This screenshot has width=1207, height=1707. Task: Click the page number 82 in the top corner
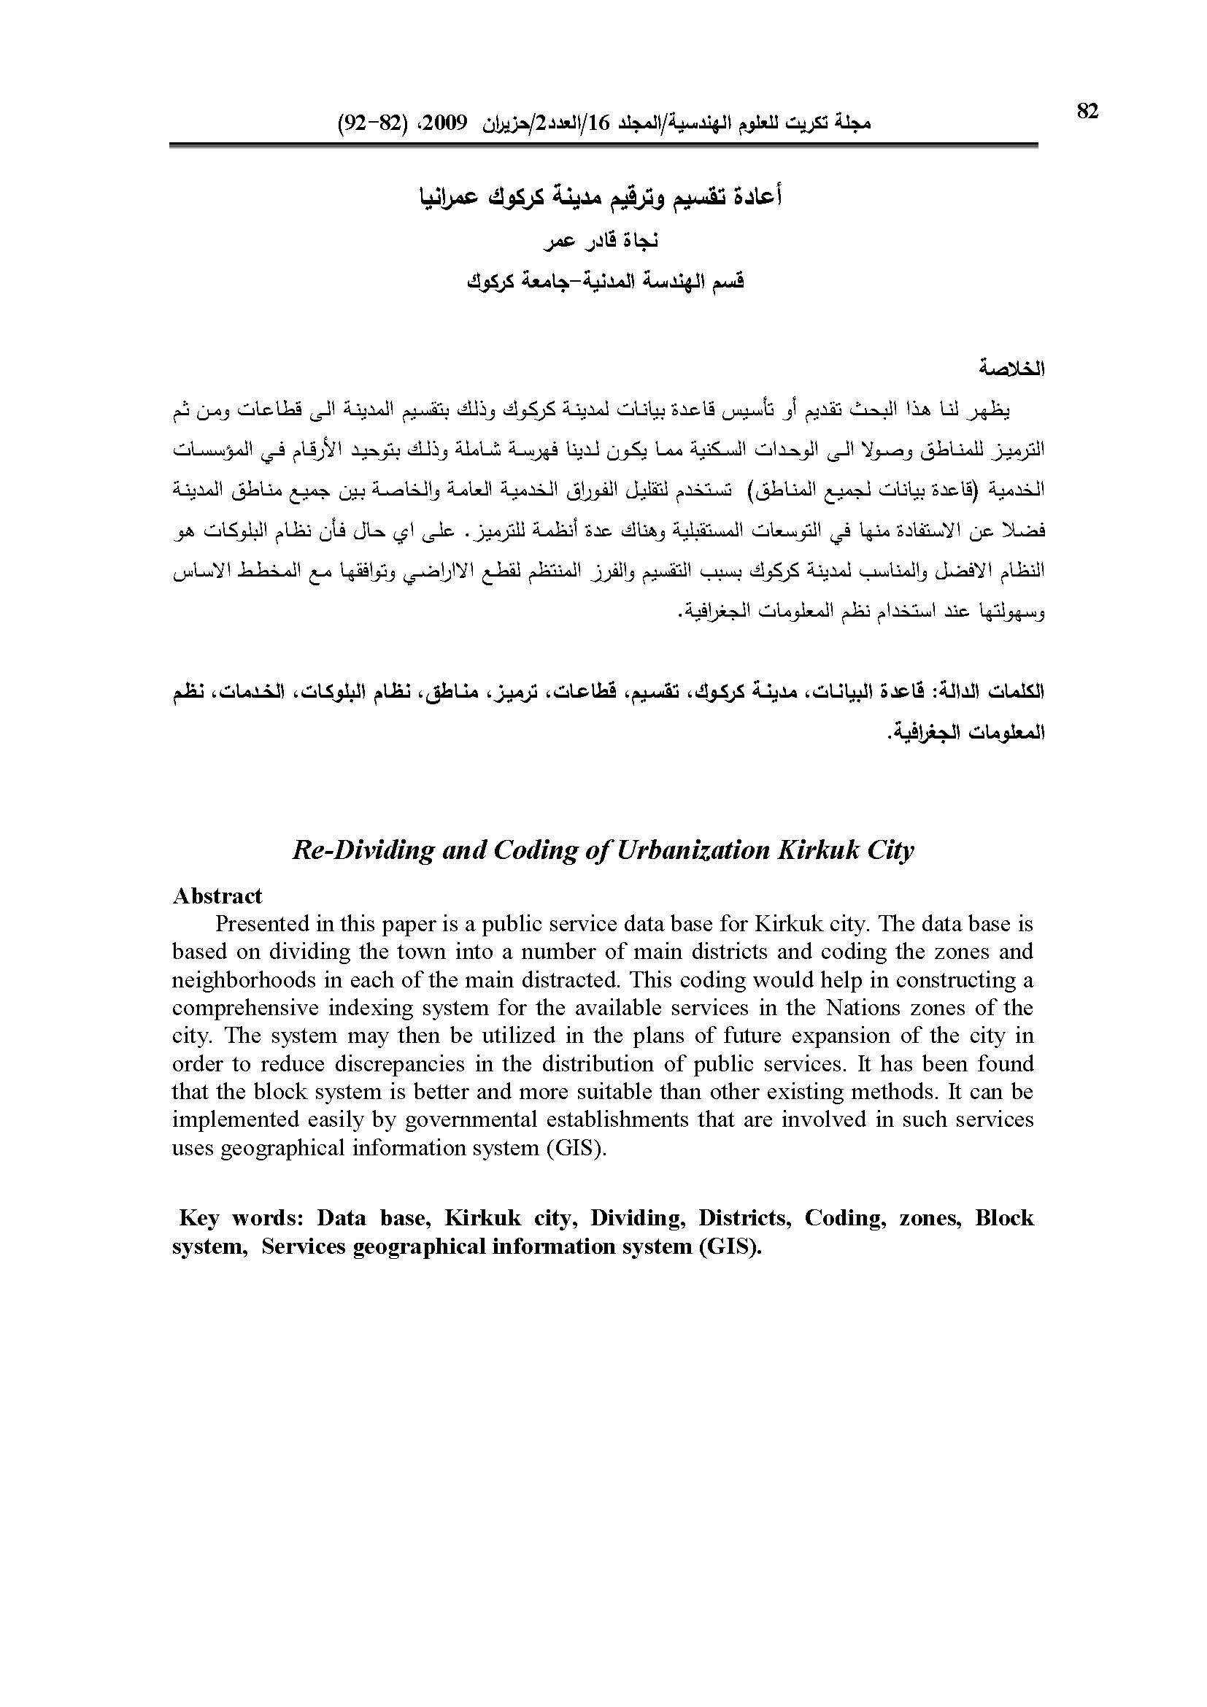click(1087, 112)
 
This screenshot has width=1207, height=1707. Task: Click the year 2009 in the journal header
click(445, 123)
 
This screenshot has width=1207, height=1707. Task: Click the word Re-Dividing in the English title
click(363, 849)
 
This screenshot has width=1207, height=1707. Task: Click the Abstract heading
click(217, 896)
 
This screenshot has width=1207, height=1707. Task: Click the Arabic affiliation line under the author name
click(605, 282)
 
